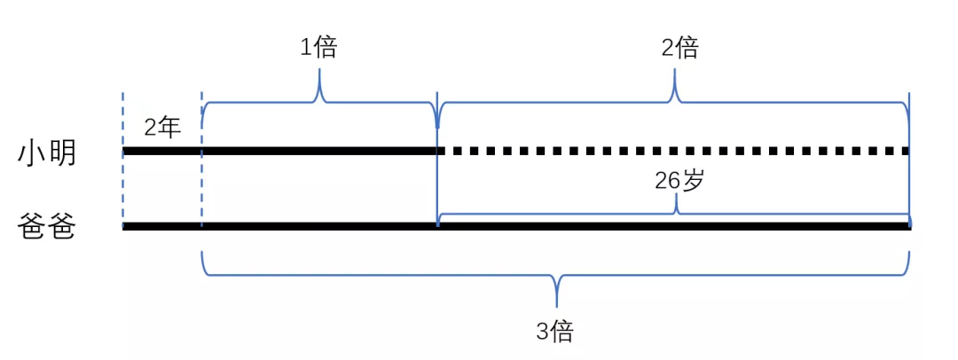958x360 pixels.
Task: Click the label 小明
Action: coord(47,153)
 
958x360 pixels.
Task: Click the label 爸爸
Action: coord(47,228)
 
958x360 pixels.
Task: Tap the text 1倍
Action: coord(318,48)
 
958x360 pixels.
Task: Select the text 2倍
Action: coord(679,48)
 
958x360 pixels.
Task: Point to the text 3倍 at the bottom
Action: coord(556,332)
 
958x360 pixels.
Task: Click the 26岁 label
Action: coord(679,181)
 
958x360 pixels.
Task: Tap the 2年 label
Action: coord(162,128)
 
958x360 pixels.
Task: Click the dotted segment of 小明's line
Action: coord(674,151)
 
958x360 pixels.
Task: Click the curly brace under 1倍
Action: coord(319,100)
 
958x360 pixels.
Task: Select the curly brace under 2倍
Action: coord(675,100)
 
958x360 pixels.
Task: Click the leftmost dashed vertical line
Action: coord(123,186)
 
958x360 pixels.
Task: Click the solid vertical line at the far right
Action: coord(909,177)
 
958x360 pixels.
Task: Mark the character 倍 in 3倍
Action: coord(564,332)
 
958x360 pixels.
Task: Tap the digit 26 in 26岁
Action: coord(668,181)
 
